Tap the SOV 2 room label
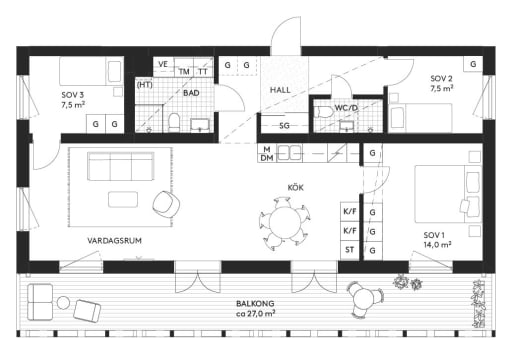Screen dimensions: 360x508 tap(442, 78)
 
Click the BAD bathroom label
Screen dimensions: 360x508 tap(191, 92)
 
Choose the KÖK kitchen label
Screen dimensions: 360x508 tap(295, 187)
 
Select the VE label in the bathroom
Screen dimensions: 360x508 tap(163, 65)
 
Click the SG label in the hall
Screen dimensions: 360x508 tap(284, 126)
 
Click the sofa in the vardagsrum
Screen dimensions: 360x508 tap(119, 165)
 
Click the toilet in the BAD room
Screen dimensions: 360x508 tap(175, 123)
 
